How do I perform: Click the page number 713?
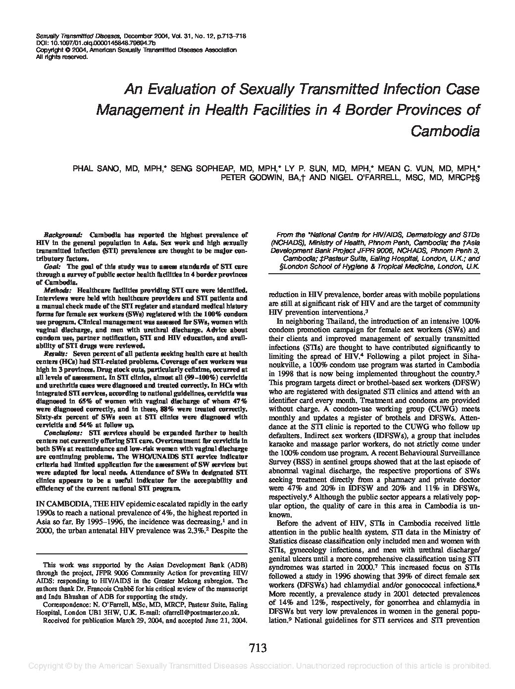(257, 648)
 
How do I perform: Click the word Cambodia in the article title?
(445, 132)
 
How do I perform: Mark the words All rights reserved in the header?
(62, 56)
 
